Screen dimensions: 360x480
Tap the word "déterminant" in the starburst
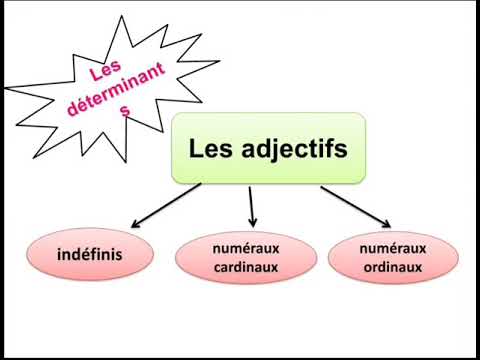(x=111, y=91)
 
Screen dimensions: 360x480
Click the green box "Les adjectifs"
(x=268, y=149)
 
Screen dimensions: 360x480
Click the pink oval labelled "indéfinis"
(x=90, y=255)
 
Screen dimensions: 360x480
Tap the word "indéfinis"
(x=90, y=255)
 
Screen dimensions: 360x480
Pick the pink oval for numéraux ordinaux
(x=394, y=258)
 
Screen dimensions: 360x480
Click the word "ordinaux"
(x=394, y=267)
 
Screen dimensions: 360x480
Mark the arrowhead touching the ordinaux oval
(x=384, y=223)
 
